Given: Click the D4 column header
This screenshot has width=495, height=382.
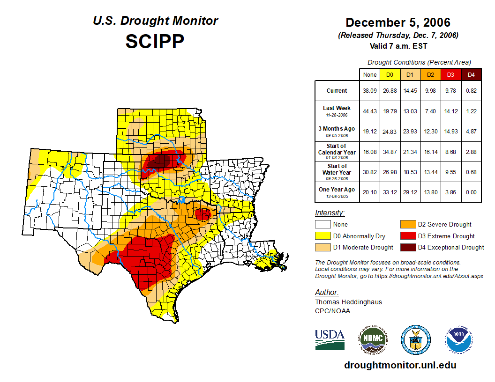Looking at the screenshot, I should (472, 74).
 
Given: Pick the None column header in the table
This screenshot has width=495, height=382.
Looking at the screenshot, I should (370, 74).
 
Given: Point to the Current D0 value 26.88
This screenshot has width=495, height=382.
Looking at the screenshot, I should (390, 91).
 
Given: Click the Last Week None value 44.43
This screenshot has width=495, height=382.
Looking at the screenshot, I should (370, 111).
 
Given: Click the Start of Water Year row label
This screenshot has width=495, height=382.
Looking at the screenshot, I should (337, 172).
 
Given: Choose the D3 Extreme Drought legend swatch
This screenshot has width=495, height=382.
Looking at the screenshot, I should (407, 236).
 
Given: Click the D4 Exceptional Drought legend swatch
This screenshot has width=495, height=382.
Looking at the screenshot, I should (407, 247).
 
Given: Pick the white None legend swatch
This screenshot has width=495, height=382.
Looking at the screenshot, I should (322, 225).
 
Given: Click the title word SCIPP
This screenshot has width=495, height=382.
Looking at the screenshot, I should (155, 42).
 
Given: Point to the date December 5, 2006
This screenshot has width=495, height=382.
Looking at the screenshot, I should (398, 22).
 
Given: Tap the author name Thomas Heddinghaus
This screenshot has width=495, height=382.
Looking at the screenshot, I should (348, 302).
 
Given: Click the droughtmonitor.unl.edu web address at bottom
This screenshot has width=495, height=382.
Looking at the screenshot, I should (400, 365).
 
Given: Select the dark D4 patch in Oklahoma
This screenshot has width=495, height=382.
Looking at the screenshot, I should (160, 162).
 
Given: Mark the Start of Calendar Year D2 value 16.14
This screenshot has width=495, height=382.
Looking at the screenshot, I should (431, 152).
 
